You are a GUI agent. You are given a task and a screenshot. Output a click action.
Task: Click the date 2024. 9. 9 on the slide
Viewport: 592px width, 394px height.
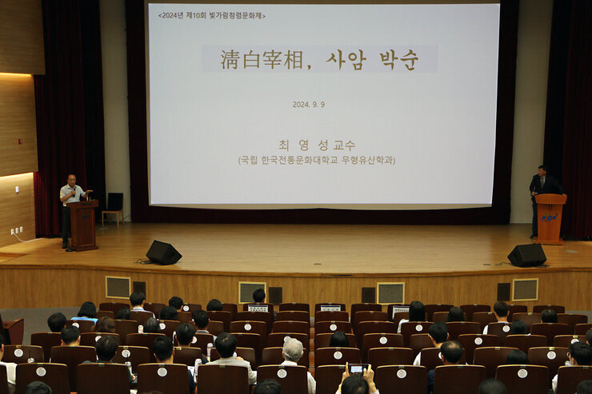tap(308, 104)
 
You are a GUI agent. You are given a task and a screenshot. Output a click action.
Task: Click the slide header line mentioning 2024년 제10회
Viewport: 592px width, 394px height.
tap(211, 15)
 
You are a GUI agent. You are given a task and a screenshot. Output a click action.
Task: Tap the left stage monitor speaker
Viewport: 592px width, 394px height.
tap(163, 253)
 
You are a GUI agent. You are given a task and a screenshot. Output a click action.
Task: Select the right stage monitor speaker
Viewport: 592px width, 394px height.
tap(527, 255)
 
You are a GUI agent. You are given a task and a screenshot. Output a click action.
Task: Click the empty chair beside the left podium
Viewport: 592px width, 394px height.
tap(114, 207)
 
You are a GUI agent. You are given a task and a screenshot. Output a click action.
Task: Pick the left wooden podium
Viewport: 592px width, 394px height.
tap(83, 225)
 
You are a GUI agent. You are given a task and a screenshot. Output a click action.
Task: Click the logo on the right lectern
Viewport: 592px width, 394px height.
tap(550, 217)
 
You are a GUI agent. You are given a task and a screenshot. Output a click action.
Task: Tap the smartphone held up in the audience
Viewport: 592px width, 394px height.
tap(357, 368)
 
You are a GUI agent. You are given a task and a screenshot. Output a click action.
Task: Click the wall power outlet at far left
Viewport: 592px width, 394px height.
tap(17, 230)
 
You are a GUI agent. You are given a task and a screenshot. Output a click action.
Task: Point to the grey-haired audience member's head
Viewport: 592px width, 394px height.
tap(293, 349)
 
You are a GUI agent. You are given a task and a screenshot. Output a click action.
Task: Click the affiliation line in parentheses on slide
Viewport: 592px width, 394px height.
tap(317, 160)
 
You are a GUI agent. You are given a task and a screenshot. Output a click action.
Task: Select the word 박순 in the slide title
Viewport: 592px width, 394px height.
tap(398, 59)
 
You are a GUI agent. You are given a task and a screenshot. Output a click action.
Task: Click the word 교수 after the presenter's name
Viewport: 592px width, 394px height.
tap(345, 145)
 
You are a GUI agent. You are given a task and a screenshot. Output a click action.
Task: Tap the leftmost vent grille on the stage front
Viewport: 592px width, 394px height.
tap(118, 287)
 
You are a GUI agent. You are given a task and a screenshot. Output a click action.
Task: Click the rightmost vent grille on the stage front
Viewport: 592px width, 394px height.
tap(525, 289)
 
